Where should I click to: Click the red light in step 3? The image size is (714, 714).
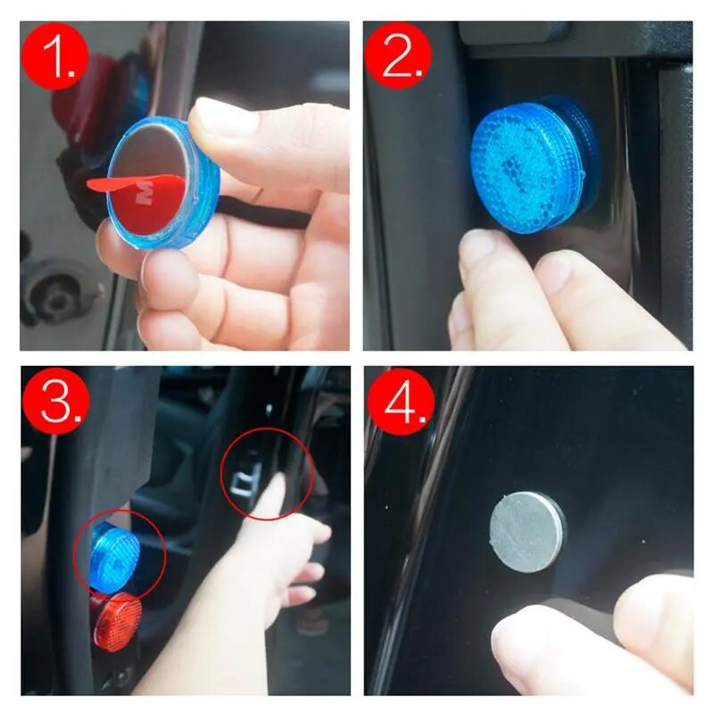[x=116, y=619]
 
